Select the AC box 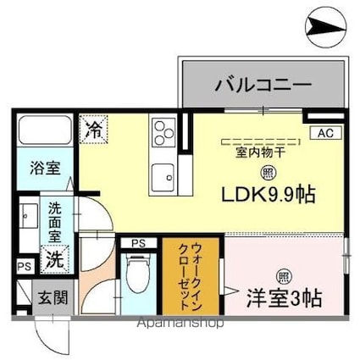pyautogui.click(x=326, y=133)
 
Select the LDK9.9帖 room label pyautogui.click(x=269, y=195)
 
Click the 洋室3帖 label pyautogui.click(x=283, y=297)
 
